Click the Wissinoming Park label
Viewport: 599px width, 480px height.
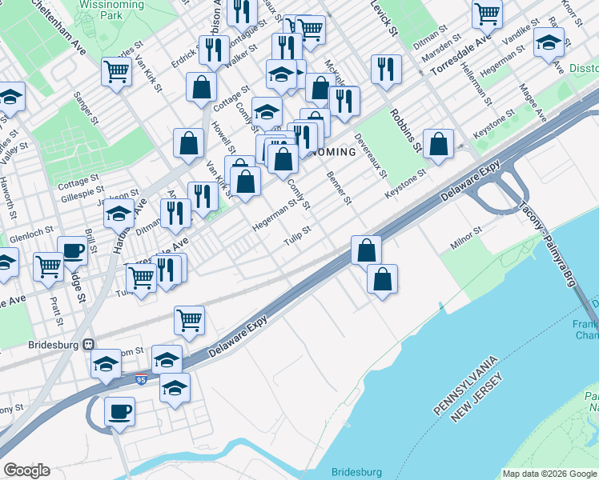pyautogui.click(x=111, y=10)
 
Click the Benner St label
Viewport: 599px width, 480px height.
pyautogui.click(x=339, y=186)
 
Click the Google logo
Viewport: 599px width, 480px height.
pyautogui.click(x=26, y=470)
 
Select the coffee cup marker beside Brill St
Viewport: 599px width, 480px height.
pyautogui.click(x=72, y=250)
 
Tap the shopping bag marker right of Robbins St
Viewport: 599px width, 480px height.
pyautogui.click(x=438, y=145)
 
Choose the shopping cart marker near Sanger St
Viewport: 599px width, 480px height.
pyautogui.click(x=117, y=72)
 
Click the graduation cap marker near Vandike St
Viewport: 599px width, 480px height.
pyautogui.click(x=549, y=42)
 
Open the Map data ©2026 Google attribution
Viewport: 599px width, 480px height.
pyautogui.click(x=549, y=474)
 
